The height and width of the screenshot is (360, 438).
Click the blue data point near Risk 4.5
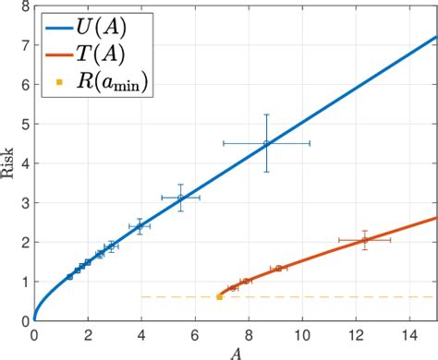point(266,143)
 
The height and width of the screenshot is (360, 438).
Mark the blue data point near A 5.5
point(180,198)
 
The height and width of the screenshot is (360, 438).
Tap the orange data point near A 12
point(365,240)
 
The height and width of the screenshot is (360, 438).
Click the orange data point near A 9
point(278,269)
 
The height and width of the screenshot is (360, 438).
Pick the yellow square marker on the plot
point(219,296)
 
